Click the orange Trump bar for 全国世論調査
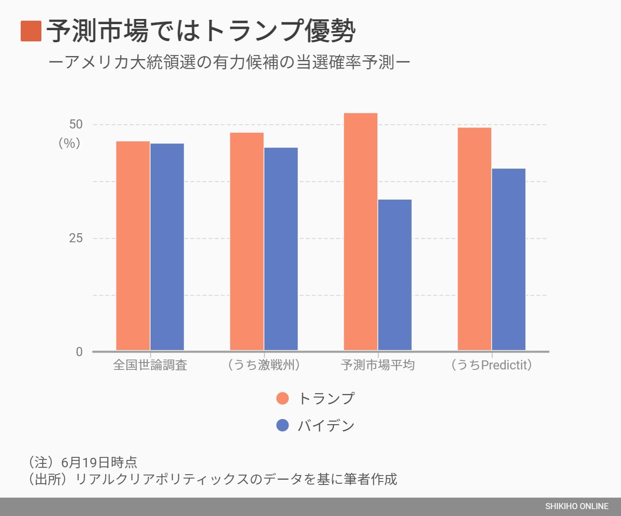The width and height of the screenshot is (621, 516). tap(133, 246)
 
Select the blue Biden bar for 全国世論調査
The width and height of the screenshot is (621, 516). tap(167, 247)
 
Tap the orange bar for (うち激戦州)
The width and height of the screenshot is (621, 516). tap(247, 241)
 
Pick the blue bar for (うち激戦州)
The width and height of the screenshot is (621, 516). tap(281, 249)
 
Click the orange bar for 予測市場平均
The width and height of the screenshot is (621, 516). tap(361, 231)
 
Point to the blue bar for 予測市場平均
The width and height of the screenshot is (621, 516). tap(395, 275)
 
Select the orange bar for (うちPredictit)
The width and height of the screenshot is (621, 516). tap(474, 239)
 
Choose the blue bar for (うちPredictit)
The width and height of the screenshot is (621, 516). tap(508, 259)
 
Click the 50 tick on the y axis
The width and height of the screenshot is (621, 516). tap(76, 125)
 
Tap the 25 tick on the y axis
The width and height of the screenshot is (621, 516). tap(76, 238)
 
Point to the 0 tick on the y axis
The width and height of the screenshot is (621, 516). tap(79, 352)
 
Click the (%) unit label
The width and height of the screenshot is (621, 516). tap(69, 143)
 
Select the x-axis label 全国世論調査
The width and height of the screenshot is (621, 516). tap(150, 365)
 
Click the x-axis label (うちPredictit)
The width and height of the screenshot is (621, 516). tap(492, 365)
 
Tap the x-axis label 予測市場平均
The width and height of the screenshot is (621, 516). tap(378, 365)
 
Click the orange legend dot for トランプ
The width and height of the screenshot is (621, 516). tap(282, 398)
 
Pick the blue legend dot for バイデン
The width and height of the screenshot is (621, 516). tap(282, 425)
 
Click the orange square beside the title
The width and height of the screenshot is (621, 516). tap(31, 31)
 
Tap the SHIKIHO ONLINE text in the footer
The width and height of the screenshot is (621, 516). tap(577, 507)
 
